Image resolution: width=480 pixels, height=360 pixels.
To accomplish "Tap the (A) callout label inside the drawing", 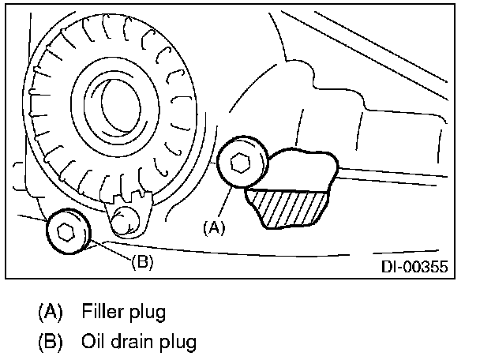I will [214, 228].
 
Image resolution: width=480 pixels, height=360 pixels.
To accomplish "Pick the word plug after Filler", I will [148, 313].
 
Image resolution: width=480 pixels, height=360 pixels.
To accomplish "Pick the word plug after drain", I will [178, 343].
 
